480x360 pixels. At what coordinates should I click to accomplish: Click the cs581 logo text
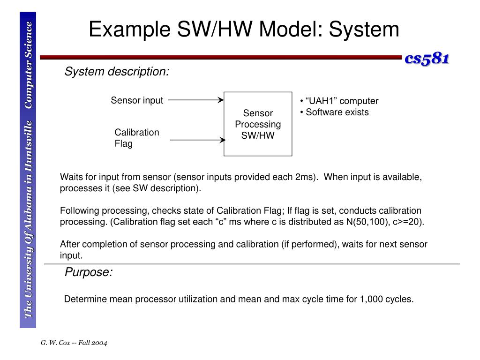pos(427,59)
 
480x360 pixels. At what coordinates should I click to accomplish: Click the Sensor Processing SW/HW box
pos(258,124)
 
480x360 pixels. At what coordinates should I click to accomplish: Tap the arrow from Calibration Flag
pos(197,140)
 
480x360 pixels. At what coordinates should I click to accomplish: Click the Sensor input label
pos(137,100)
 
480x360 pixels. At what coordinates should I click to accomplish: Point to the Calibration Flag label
pos(136,138)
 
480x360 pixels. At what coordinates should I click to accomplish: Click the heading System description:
pos(117,72)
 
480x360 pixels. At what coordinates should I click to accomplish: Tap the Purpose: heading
pos(89,272)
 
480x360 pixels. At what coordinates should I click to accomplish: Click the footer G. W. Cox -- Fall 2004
pos(74,343)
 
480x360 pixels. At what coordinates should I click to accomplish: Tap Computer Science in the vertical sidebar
pos(29,65)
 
